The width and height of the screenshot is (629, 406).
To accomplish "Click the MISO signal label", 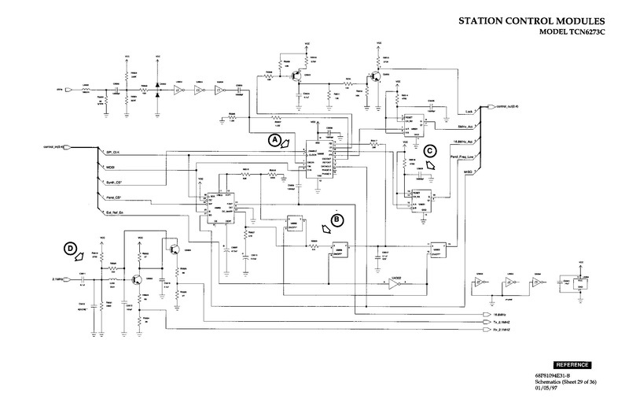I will (469, 172).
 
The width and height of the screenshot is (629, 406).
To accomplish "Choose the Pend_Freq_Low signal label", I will (463, 157).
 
